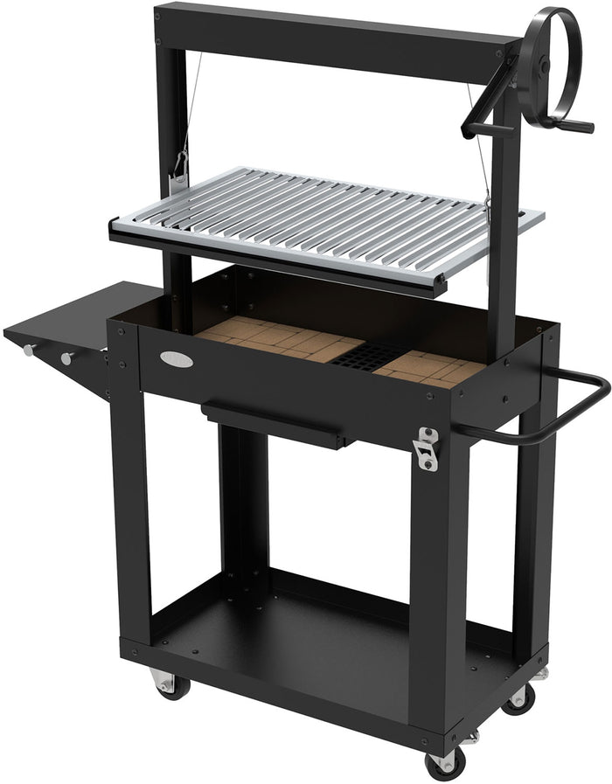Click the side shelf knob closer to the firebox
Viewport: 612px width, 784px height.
click(66, 357)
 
